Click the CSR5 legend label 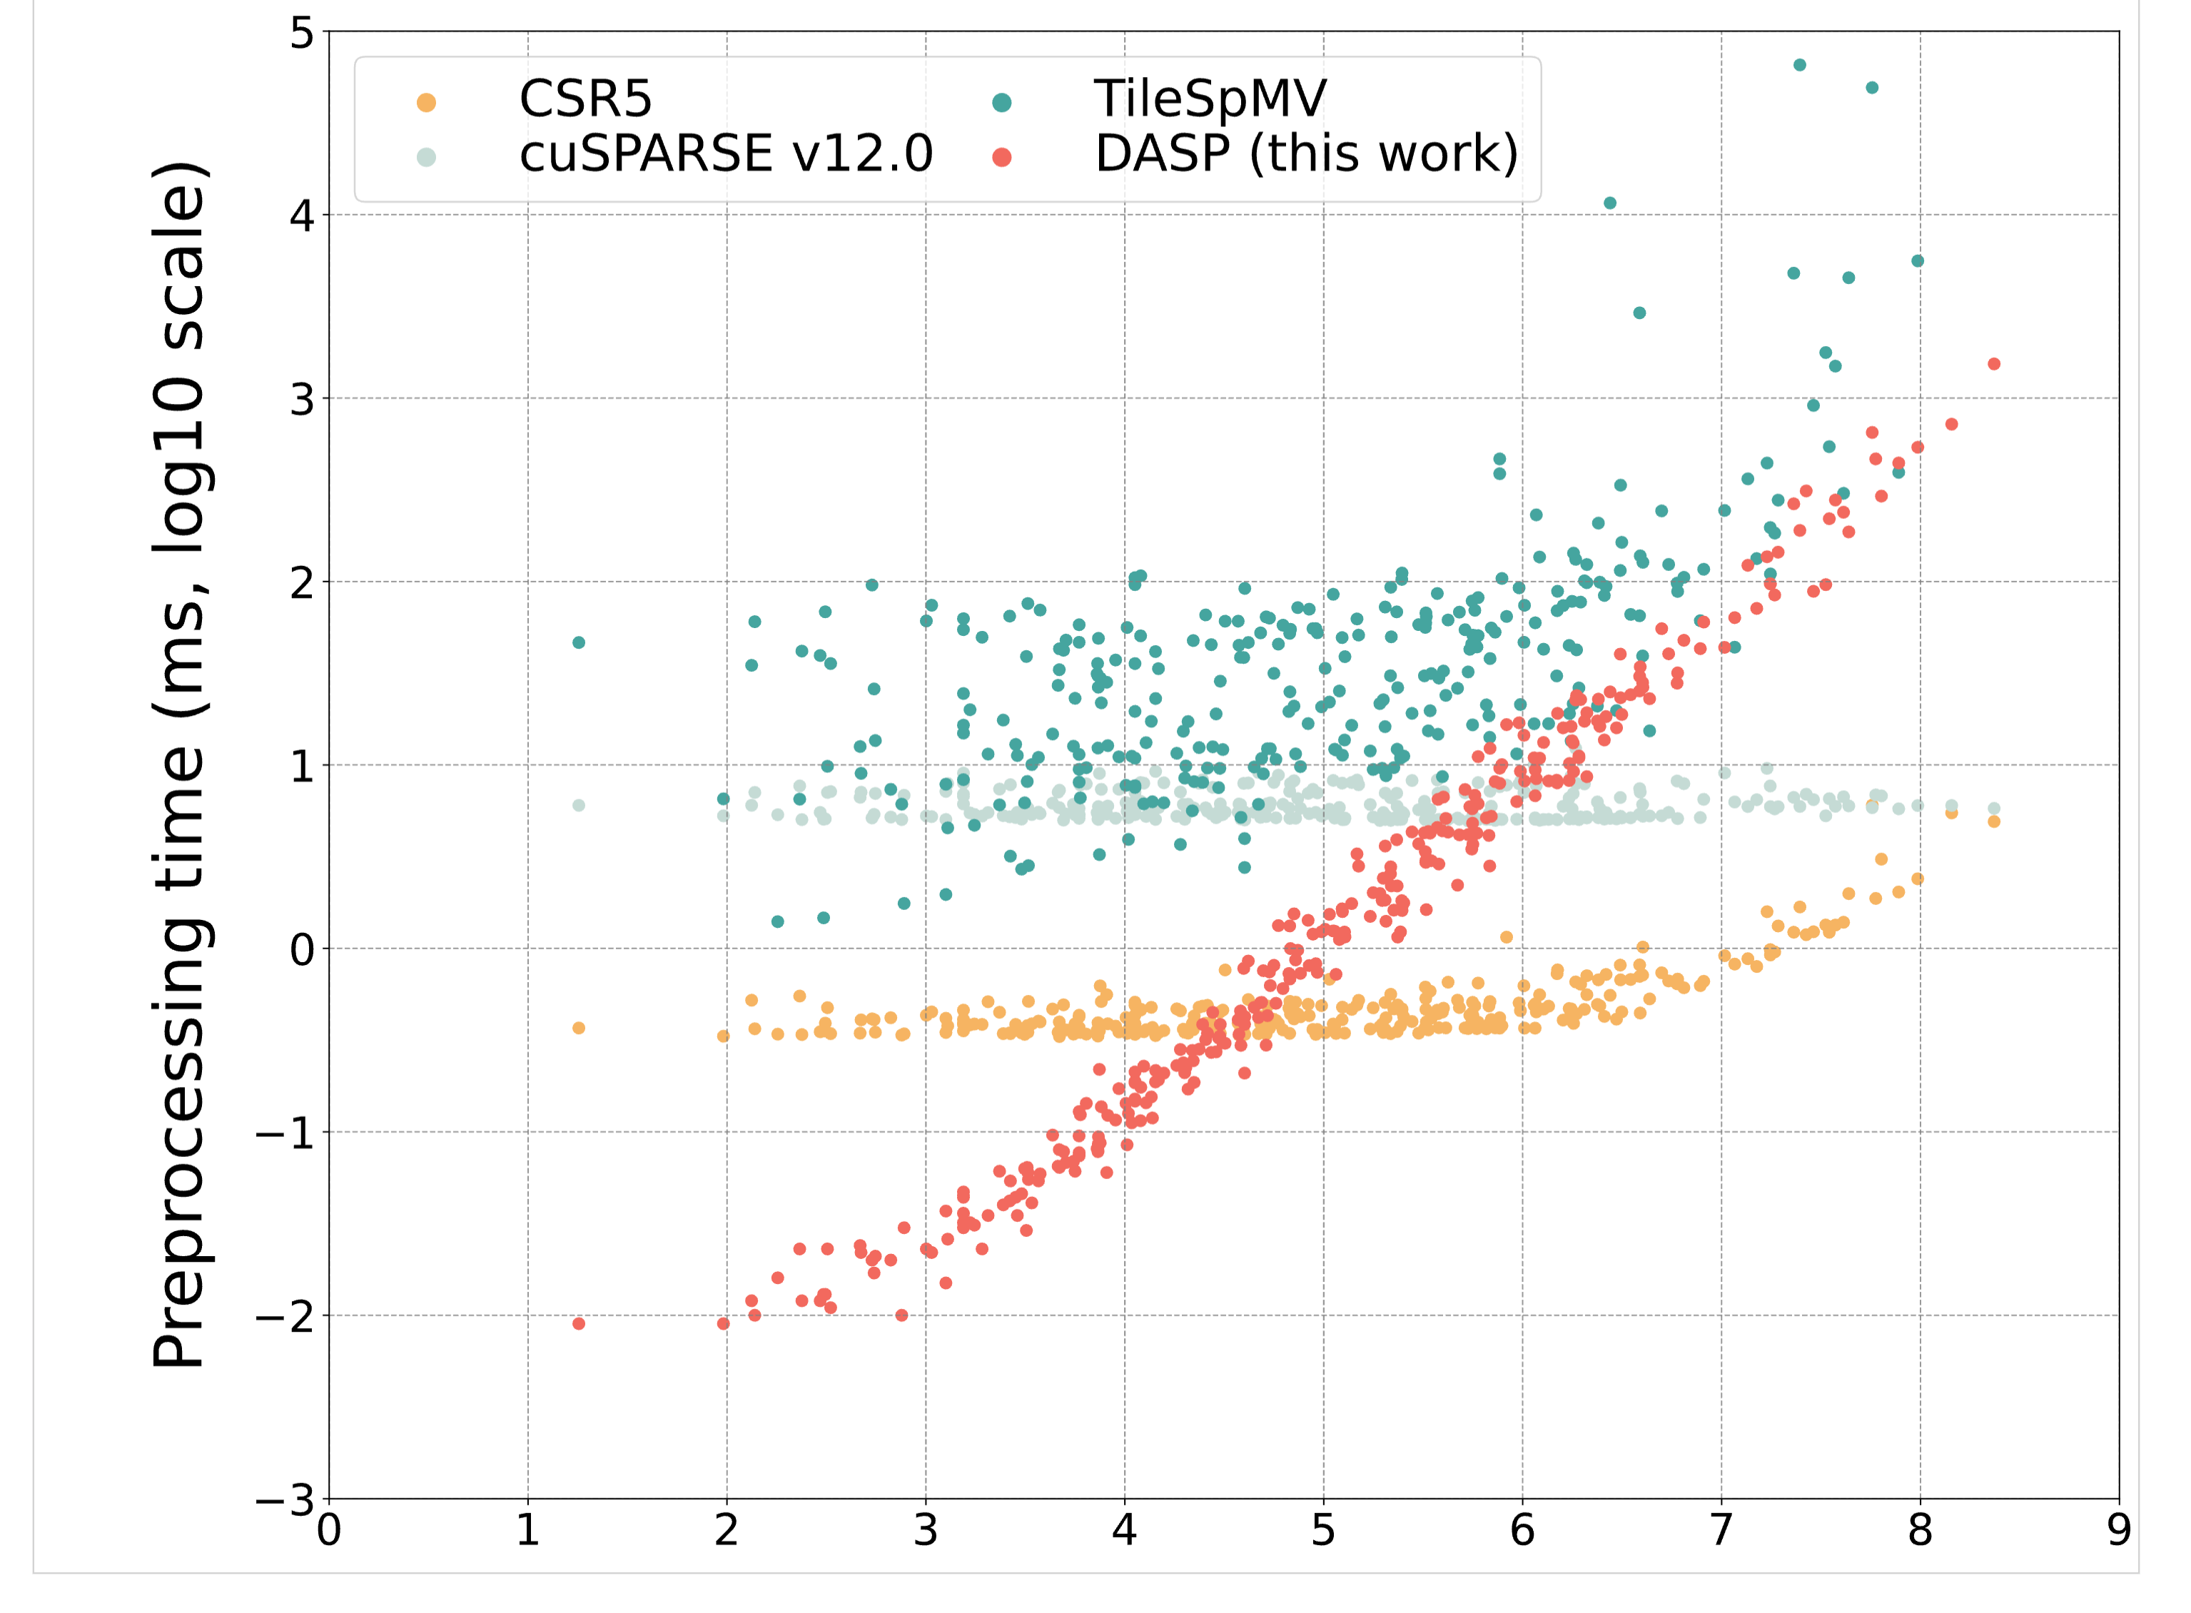click(x=584, y=98)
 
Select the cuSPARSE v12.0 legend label click(x=725, y=154)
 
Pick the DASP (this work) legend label click(x=1305, y=154)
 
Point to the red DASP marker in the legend click(x=1001, y=157)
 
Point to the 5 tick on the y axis click(x=302, y=34)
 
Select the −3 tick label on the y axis click(x=285, y=1499)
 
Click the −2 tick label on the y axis click(x=285, y=1316)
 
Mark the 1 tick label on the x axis click(x=527, y=1530)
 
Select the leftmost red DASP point click(x=578, y=1324)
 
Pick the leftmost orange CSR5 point click(x=578, y=1028)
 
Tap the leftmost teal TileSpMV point click(x=578, y=642)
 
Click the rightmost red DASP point click(x=1994, y=364)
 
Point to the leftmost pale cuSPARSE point click(x=578, y=806)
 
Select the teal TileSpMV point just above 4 click(x=1610, y=203)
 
